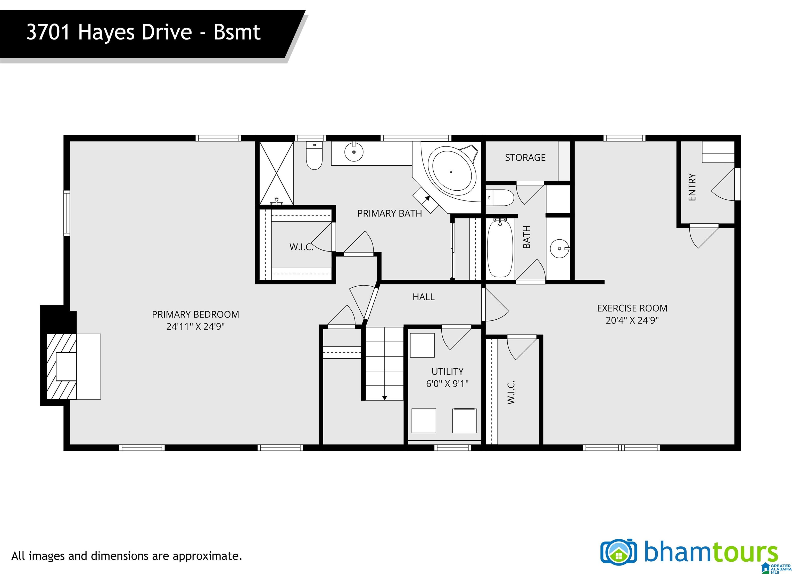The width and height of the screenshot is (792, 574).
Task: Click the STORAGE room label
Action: tap(525, 158)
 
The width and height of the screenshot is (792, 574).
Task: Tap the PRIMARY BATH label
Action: tap(389, 213)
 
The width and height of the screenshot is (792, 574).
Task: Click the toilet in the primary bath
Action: tap(314, 155)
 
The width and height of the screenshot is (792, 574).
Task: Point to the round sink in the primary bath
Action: tap(354, 152)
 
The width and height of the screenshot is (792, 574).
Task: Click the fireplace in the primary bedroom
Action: tap(61, 366)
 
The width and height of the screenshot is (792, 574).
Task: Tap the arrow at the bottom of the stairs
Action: tap(384, 397)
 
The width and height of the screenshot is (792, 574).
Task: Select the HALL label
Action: tap(423, 297)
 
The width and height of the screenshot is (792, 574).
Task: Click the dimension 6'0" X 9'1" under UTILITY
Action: tap(447, 384)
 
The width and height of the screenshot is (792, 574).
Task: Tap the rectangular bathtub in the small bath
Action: tap(500, 248)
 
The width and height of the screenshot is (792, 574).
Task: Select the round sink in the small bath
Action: tap(559, 248)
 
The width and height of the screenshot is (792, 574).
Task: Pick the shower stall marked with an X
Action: tap(276, 173)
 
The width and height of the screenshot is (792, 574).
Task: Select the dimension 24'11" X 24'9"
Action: tap(195, 327)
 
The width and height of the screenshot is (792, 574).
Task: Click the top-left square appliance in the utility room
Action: tap(422, 345)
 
